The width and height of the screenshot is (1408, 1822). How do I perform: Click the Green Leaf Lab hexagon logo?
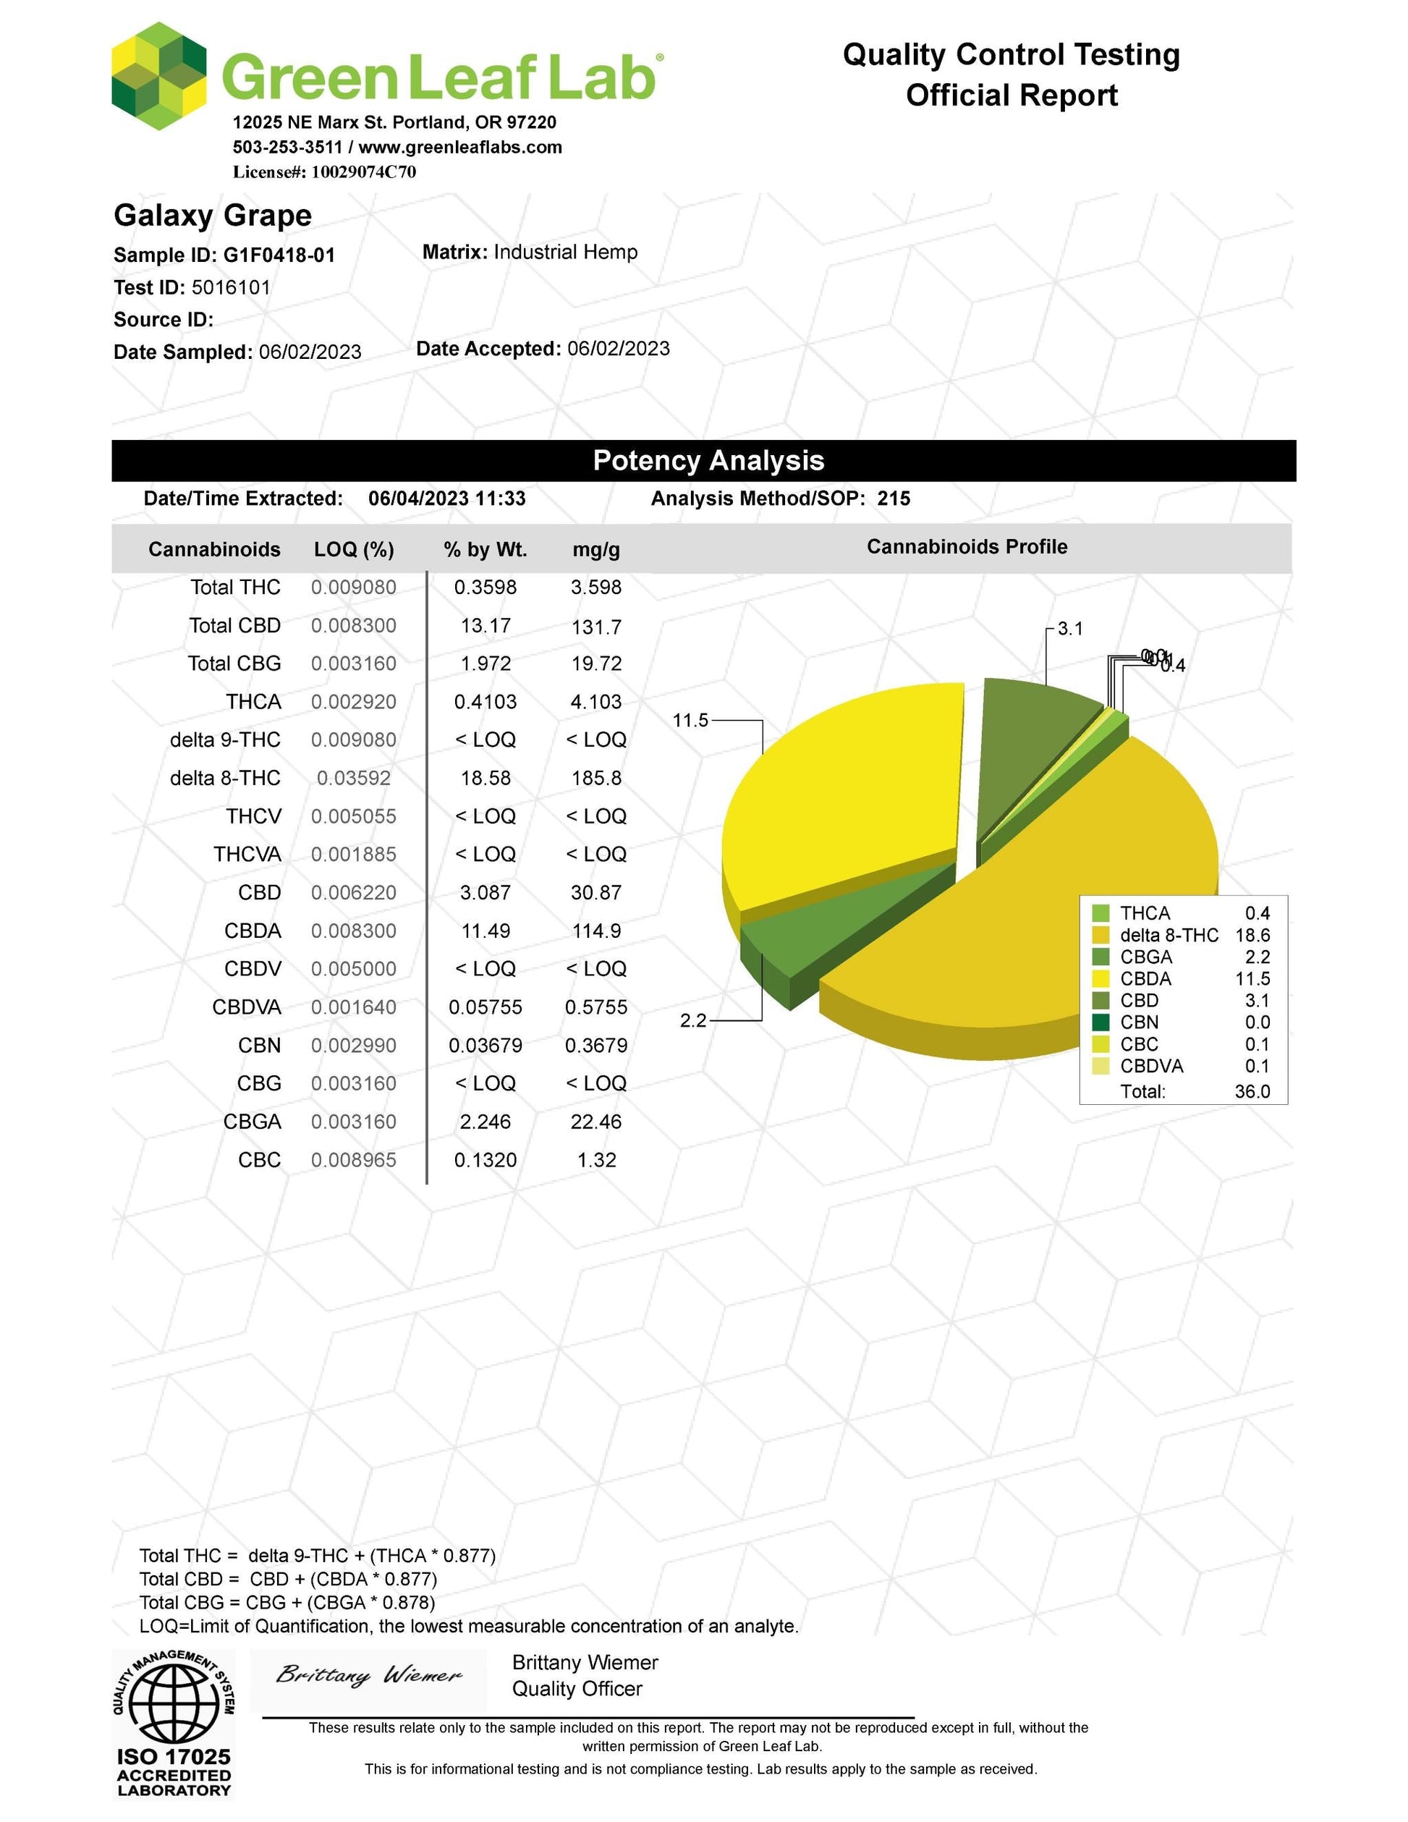158,76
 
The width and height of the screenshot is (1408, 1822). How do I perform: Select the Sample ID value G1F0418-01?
279,255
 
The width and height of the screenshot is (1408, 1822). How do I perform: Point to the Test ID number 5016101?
231,288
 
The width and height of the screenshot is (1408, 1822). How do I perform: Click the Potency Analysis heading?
708,460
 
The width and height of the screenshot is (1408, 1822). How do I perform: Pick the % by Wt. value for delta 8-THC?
485,779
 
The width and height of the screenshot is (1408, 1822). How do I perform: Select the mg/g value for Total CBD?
595,627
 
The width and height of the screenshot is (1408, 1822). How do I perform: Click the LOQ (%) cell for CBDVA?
354,1007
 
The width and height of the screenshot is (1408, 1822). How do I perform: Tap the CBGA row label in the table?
252,1122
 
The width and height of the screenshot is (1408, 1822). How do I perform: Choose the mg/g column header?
595,550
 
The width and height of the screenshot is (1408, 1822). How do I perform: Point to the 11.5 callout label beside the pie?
691,720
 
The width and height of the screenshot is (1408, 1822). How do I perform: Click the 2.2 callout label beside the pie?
693,1020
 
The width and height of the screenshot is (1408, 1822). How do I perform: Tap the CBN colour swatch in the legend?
1101,1022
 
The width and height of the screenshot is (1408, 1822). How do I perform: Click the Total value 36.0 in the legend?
1252,1091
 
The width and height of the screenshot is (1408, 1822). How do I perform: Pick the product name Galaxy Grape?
213,215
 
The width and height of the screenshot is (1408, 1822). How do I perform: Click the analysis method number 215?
894,499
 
